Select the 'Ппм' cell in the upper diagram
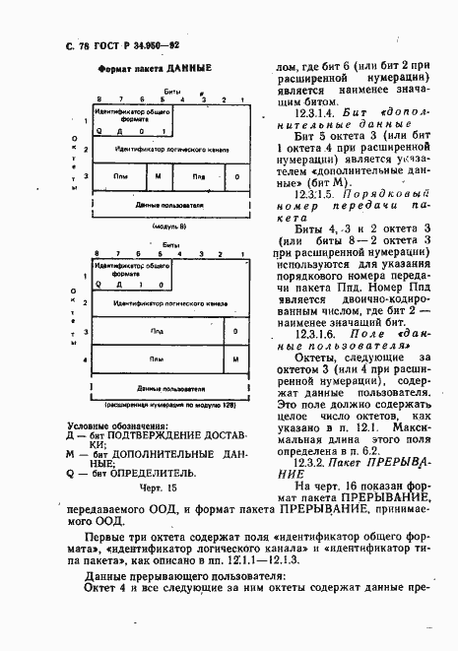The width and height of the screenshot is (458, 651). coord(120,176)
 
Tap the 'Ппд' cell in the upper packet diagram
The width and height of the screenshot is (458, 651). coord(198,176)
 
